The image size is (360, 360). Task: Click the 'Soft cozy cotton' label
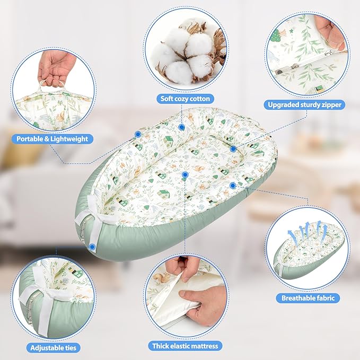point(185,99)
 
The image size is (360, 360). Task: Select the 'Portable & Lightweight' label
point(52,139)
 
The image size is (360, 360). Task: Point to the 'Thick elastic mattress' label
point(185,346)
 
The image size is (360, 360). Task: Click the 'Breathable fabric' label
point(304,298)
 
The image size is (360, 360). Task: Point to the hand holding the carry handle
point(57,66)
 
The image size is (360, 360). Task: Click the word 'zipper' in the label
point(331,105)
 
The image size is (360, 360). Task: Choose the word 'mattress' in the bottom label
point(199,346)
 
